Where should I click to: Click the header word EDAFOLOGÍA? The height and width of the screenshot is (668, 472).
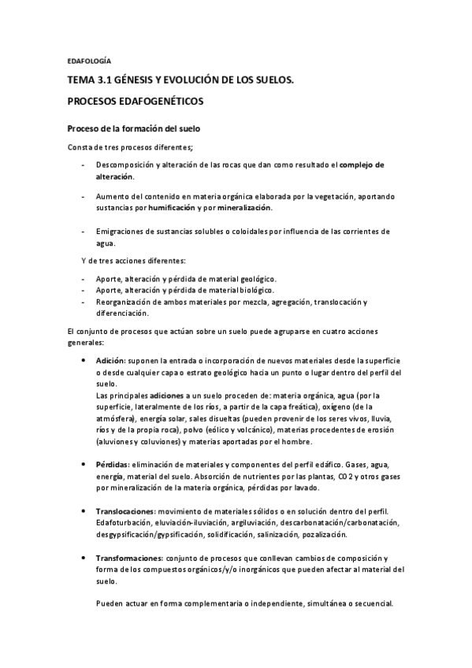(88, 60)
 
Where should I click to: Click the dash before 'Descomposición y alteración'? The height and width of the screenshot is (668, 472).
(84, 165)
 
